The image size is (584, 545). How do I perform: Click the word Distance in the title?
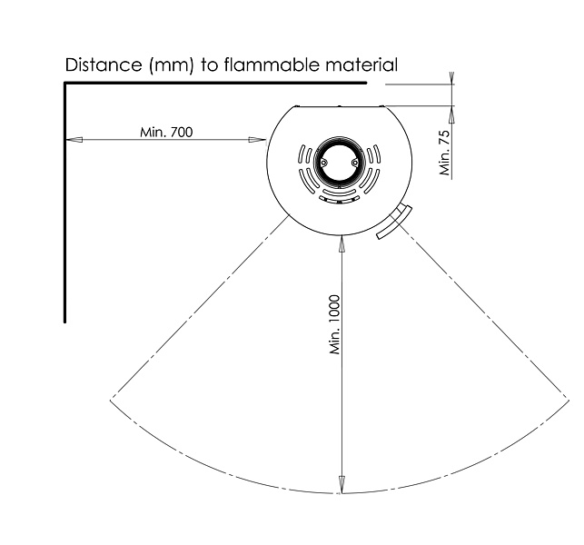click(x=104, y=64)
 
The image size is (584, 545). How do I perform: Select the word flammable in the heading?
click(x=272, y=64)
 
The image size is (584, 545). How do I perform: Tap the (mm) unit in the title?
click(x=172, y=65)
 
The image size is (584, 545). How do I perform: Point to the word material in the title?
click(x=361, y=64)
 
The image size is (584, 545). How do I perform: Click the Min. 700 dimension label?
click(x=166, y=133)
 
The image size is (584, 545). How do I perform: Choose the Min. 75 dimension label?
click(x=445, y=153)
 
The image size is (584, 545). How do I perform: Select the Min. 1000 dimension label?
click(x=335, y=324)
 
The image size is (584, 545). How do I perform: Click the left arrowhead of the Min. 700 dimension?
click(x=74, y=140)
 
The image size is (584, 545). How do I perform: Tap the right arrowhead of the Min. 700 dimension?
click(x=257, y=140)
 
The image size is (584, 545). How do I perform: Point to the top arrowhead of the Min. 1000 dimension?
click(x=341, y=243)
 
